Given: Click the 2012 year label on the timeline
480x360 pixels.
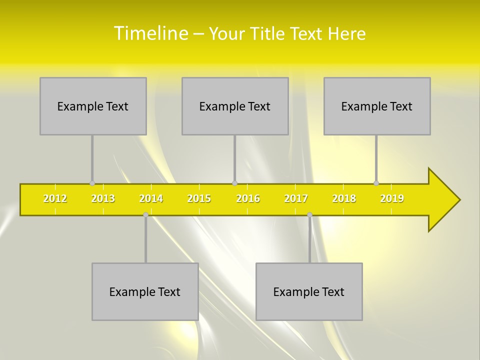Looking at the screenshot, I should click(x=55, y=199).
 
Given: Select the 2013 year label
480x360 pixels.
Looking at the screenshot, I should click(x=103, y=199).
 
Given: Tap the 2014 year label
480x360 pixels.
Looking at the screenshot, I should click(x=151, y=199).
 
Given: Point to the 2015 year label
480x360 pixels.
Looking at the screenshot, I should click(x=199, y=199).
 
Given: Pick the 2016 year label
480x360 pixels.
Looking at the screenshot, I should click(x=248, y=199).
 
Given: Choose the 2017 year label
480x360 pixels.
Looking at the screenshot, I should click(x=296, y=199).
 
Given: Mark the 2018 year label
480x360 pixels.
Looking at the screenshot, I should click(x=344, y=199).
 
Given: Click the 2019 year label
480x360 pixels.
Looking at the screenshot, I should click(x=392, y=199).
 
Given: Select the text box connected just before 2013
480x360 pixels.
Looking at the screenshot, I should click(x=93, y=106).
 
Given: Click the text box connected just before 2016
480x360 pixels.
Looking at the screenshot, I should click(x=235, y=106).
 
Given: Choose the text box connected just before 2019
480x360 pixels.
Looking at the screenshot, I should click(x=377, y=106).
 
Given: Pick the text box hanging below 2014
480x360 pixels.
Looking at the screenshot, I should click(x=145, y=291).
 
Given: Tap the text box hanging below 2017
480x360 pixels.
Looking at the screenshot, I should click(x=309, y=291).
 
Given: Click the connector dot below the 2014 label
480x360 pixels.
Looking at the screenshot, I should click(x=145, y=215).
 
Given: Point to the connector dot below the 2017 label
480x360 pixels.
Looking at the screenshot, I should click(x=309, y=215).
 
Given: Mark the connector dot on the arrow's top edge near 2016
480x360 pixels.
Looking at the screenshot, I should click(x=234, y=183).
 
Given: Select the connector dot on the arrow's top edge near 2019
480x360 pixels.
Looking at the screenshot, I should click(x=376, y=183).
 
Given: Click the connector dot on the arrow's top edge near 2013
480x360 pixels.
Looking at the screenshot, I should click(x=92, y=183).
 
